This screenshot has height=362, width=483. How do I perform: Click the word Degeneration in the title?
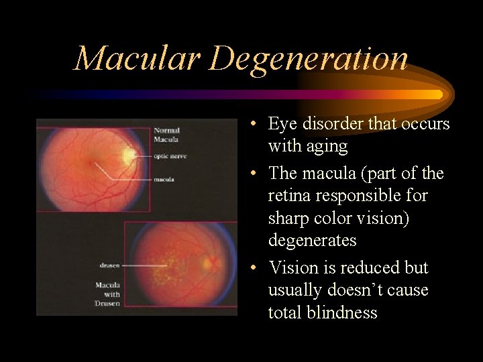(x=309, y=60)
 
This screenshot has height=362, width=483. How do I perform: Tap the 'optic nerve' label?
(x=170, y=156)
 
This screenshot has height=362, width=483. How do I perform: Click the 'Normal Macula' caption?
(x=167, y=134)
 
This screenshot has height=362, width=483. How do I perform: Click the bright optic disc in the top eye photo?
(x=128, y=156)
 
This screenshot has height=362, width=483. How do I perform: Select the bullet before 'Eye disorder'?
(x=249, y=125)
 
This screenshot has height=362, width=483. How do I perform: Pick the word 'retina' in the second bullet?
(x=289, y=196)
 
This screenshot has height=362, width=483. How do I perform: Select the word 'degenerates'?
(x=312, y=240)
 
